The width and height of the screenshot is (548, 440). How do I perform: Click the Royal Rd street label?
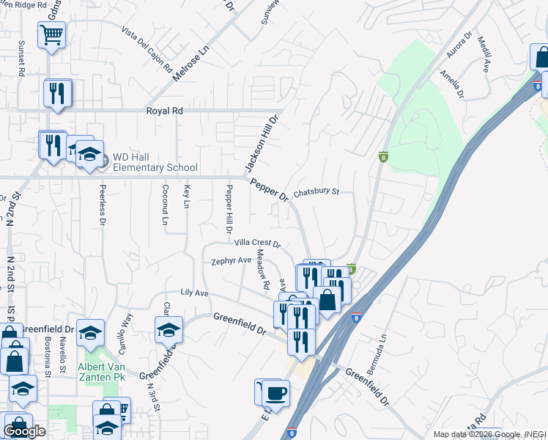pos(164,111)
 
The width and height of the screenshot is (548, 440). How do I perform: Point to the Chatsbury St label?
pos(316,194)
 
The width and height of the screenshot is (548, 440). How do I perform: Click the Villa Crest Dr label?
pos(257,243)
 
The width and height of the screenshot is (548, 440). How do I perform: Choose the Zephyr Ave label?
pos(231,260)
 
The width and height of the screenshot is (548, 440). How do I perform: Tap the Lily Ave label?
pos(196,293)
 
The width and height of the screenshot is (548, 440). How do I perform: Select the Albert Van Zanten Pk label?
pos(103,371)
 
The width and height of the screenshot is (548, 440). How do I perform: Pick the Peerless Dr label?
pos(103,206)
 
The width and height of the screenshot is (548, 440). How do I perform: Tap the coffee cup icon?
pos(275,393)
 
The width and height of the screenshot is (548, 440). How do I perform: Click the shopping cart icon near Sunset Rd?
pos(52,34)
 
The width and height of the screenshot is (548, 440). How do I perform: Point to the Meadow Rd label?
pos(264,274)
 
